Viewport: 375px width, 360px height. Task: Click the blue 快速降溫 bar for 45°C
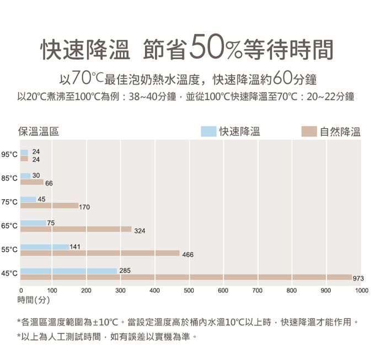(x=69, y=271)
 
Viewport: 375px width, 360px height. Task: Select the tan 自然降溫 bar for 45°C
(x=186, y=277)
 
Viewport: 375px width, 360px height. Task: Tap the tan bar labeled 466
(x=100, y=253)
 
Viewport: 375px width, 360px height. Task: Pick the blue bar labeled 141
(x=45, y=247)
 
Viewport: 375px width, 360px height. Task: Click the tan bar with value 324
(x=76, y=229)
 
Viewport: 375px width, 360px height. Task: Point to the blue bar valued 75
(x=33, y=223)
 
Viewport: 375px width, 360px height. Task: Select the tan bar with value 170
(x=50, y=205)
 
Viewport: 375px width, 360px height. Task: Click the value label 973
(x=358, y=278)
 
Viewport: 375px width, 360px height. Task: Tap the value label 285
(x=125, y=270)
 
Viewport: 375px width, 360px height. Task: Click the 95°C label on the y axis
(x=9, y=154)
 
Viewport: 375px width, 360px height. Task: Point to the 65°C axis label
(x=9, y=226)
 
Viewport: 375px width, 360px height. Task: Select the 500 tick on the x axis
(x=189, y=290)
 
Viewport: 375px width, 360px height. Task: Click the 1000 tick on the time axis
(x=362, y=290)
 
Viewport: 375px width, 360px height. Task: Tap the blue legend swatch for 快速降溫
(x=208, y=131)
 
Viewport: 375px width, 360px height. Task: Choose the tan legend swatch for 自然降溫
(x=309, y=131)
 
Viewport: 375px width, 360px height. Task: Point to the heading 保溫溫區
(x=39, y=131)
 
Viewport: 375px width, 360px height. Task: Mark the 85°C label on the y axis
(x=9, y=178)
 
